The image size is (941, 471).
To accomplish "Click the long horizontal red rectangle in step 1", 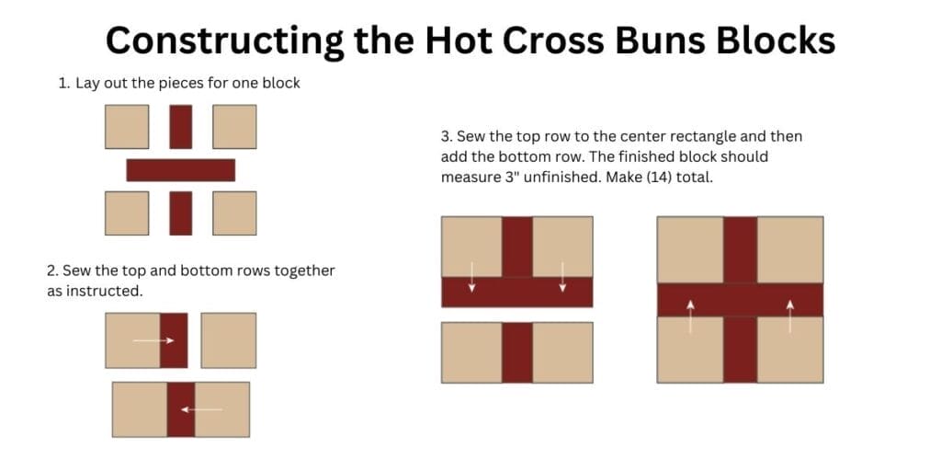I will [181, 170].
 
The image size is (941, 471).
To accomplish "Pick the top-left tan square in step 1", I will [127, 127].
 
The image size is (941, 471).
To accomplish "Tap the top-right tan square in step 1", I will [234, 127].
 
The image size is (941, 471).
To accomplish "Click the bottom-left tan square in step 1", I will [127, 213].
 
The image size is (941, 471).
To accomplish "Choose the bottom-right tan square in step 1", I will [234, 213].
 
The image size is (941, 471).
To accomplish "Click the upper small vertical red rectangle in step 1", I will [181, 127].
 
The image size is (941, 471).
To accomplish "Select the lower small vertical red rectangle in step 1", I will [181, 213].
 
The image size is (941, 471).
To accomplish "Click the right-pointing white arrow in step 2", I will [154, 340].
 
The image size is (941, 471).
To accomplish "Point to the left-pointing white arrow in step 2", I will [201, 408].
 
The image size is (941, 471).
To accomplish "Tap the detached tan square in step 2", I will [229, 340].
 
